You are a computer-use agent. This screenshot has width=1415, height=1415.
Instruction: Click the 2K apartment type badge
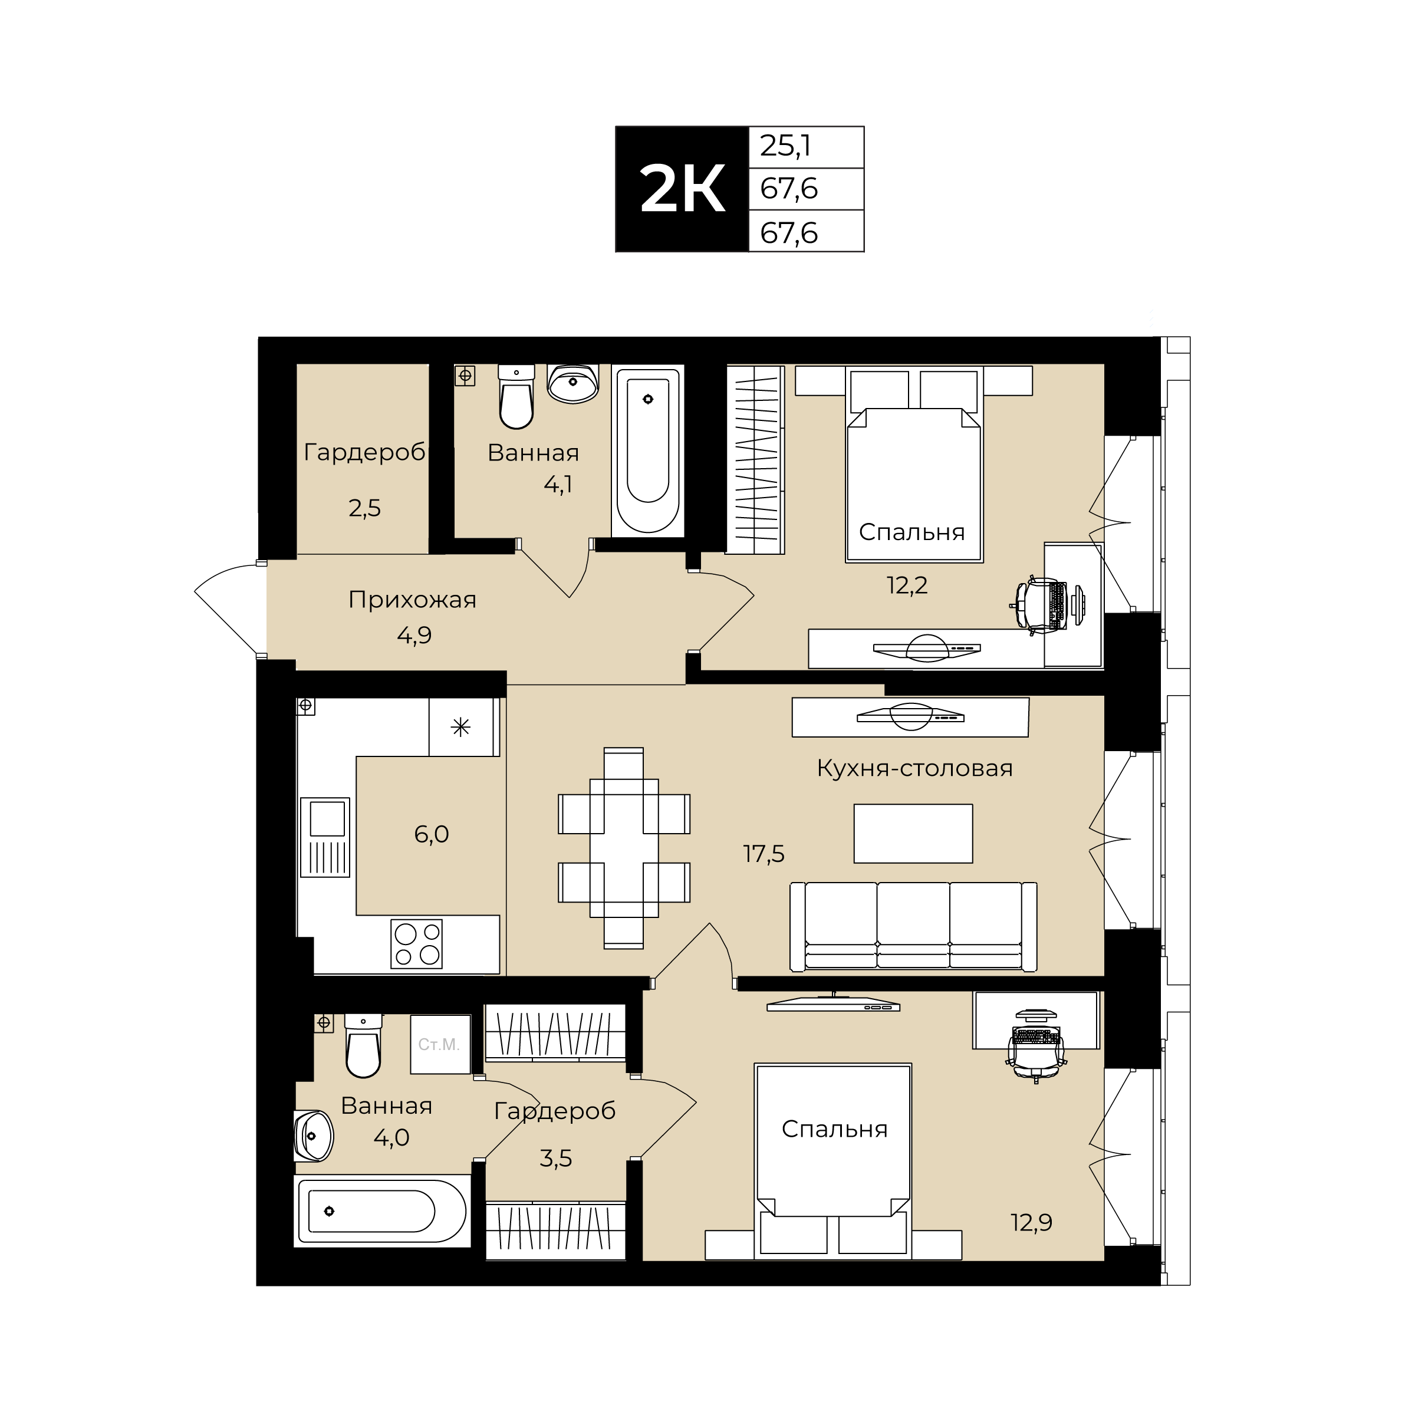pyautogui.click(x=682, y=189)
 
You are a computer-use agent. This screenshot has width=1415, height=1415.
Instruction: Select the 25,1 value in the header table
pyautogui.click(x=785, y=146)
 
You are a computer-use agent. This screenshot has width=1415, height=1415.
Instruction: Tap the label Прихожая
pyautogui.click(x=412, y=600)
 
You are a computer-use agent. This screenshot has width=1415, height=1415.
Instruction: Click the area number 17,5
pyautogui.click(x=764, y=853)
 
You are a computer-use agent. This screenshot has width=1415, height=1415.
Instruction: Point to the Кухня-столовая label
pyautogui.click(x=915, y=768)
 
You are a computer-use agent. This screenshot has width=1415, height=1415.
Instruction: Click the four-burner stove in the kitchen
pyautogui.click(x=416, y=943)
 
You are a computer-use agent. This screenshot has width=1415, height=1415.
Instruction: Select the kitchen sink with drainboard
pyautogui.click(x=325, y=837)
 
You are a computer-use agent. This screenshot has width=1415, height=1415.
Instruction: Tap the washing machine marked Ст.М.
pyautogui.click(x=439, y=1044)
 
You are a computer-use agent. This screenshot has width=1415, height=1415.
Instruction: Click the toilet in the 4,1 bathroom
pyautogui.click(x=516, y=396)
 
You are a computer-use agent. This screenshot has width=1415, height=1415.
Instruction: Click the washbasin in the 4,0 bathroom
pyautogui.click(x=314, y=1136)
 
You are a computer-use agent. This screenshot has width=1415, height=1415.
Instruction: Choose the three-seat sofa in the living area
pyautogui.click(x=913, y=926)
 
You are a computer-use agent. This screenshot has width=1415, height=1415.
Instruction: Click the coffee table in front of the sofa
pyautogui.click(x=913, y=834)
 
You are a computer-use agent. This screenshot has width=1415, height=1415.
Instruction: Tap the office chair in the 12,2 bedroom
pyautogui.click(x=1038, y=605)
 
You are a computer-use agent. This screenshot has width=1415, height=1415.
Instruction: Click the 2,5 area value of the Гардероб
pyautogui.click(x=365, y=508)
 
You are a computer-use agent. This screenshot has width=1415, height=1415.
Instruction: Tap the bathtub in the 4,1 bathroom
pyautogui.click(x=647, y=450)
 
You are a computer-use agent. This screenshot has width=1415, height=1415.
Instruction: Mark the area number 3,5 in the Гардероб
pyautogui.click(x=556, y=1158)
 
